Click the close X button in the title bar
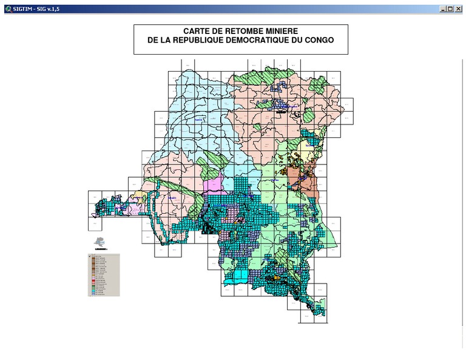459,9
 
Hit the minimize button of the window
443,9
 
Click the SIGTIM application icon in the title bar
7,9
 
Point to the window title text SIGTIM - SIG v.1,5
36,9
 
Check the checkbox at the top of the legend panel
90,256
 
